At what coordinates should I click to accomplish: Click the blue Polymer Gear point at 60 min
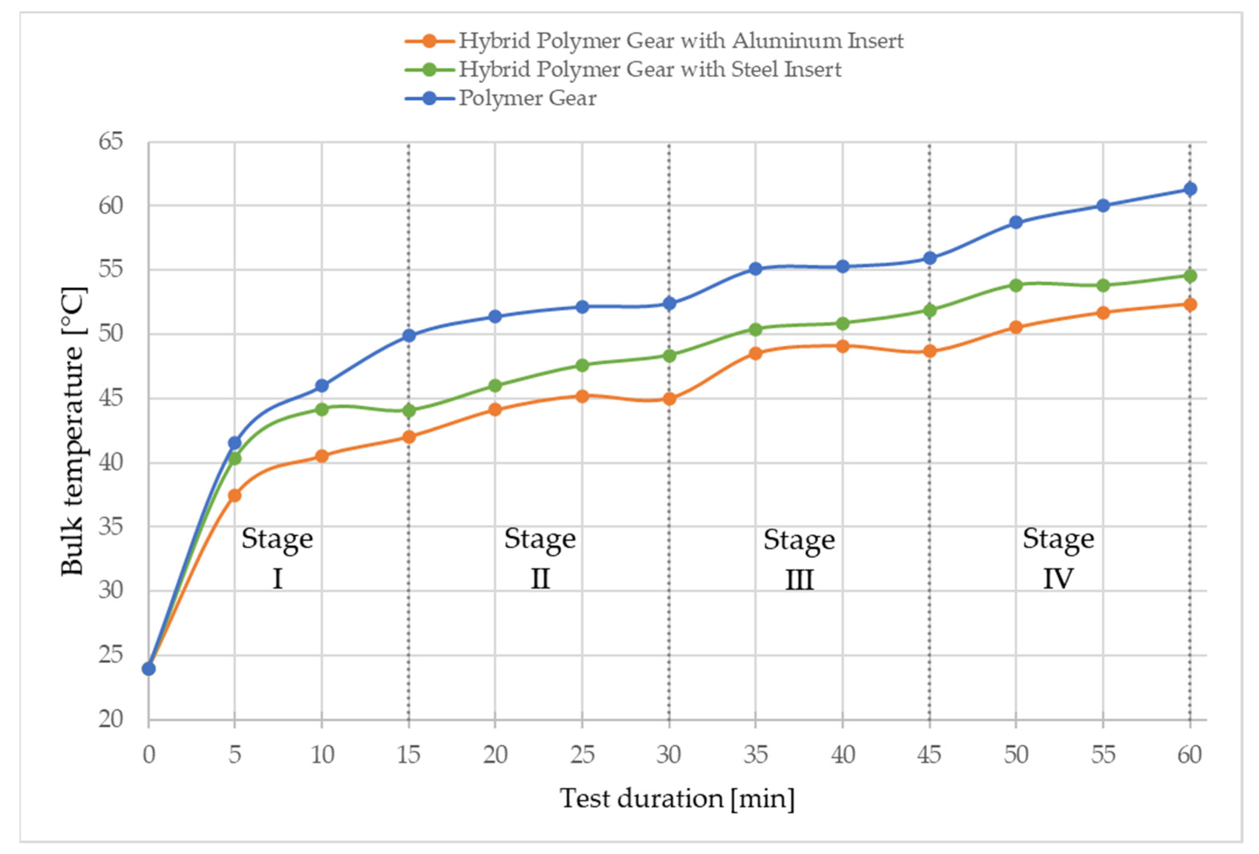pyautogui.click(x=1189, y=189)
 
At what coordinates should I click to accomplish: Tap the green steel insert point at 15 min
pyautogui.click(x=409, y=410)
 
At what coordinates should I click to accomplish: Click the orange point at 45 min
pyautogui.click(x=929, y=351)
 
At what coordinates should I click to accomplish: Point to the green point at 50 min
pyautogui.click(x=1016, y=285)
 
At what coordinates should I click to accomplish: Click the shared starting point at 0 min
pyautogui.click(x=148, y=669)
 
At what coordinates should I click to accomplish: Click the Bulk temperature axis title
pyautogui.click(x=73, y=430)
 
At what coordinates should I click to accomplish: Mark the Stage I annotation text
pyautogui.click(x=277, y=558)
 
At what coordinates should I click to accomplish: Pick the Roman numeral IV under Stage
pyautogui.click(x=1058, y=578)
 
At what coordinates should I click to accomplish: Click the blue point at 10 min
pyautogui.click(x=322, y=386)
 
